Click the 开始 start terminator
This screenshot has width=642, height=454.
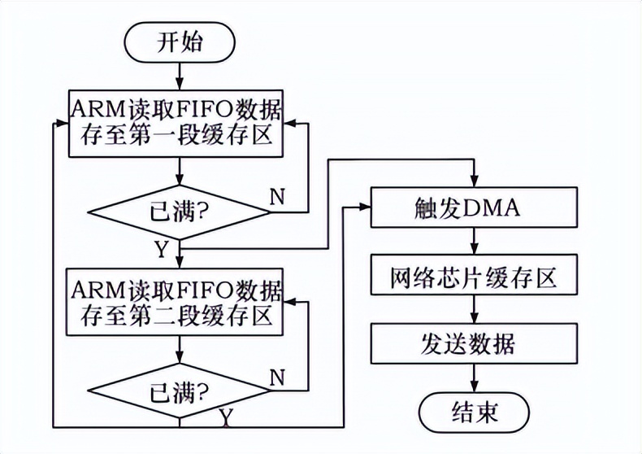179,43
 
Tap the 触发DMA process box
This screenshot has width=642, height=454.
474,209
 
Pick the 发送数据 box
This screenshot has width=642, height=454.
474,344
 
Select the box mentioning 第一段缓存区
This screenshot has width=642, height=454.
179,120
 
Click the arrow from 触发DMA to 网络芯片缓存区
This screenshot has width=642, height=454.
474,242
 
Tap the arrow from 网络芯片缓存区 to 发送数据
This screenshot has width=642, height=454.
474,310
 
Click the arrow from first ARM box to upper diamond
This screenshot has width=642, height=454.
179,172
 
